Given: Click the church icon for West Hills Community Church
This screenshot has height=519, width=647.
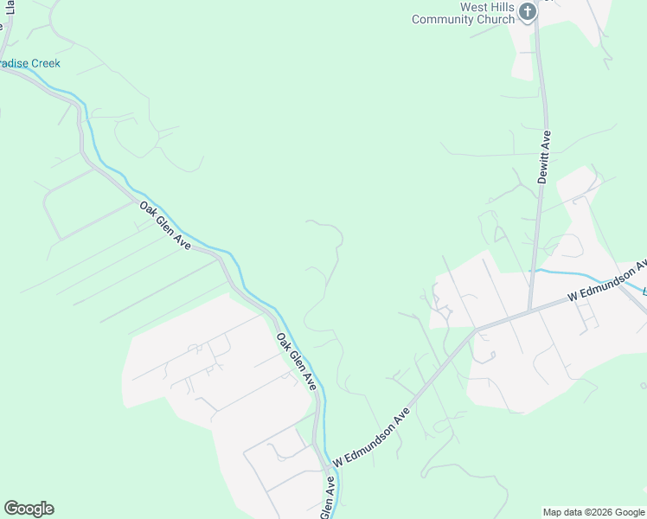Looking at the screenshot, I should click(527, 11).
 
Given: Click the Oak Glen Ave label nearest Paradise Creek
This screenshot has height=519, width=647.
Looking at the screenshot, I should click(164, 226).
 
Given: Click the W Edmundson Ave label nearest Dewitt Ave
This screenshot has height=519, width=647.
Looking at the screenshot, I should click(606, 280).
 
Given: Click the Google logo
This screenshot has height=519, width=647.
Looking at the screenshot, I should click(29, 509).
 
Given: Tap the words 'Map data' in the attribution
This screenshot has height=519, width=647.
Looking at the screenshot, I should click(561, 512).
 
